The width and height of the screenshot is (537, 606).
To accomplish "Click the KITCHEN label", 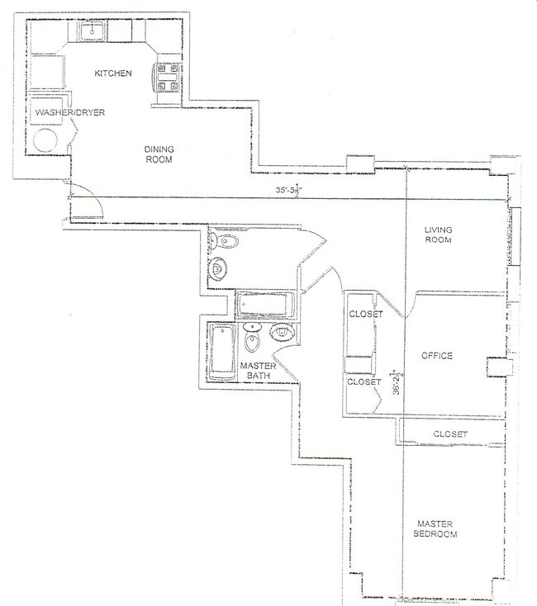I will coord(112,73).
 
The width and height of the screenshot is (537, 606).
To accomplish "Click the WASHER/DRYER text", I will coord(69,112).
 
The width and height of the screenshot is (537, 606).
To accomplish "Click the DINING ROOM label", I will coord(159,154).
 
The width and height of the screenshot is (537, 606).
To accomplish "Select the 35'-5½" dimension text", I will coord(290,190).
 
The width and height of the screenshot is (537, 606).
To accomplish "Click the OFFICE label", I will coord(437,356).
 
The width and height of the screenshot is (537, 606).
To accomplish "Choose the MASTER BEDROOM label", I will coord(436,528).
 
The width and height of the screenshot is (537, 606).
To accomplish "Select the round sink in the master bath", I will coord(282,333).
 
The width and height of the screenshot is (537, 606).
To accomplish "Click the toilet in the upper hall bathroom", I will coord(224,242).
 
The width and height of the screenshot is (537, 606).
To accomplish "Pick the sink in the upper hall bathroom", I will coord(219,270).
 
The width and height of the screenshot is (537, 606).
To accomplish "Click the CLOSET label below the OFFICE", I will coord(450,433).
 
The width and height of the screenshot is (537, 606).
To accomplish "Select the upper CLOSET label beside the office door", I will coord(364,315).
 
